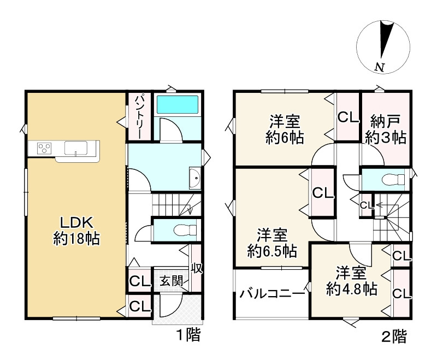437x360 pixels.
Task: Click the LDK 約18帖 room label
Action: [76, 231]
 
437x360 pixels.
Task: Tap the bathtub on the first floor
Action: [178, 104]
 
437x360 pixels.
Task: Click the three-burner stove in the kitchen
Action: [44, 147]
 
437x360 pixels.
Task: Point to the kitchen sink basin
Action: [76, 147]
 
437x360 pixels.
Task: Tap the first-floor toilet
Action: [185, 230]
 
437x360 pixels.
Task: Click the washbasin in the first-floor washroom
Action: [195, 178]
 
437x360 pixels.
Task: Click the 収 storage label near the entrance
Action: [197, 268]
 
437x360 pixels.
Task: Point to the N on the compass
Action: [379, 67]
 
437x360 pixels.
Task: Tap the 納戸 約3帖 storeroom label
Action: [386, 129]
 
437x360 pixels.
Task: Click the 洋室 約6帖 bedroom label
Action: [285, 129]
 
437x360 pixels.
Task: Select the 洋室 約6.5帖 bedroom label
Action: [272, 243]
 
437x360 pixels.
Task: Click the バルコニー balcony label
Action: [272, 294]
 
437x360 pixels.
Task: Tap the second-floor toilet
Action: [393, 179]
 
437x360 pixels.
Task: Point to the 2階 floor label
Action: [394, 337]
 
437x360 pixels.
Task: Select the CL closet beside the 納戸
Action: [348, 117]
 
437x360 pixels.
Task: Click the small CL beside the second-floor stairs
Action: [367, 205]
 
